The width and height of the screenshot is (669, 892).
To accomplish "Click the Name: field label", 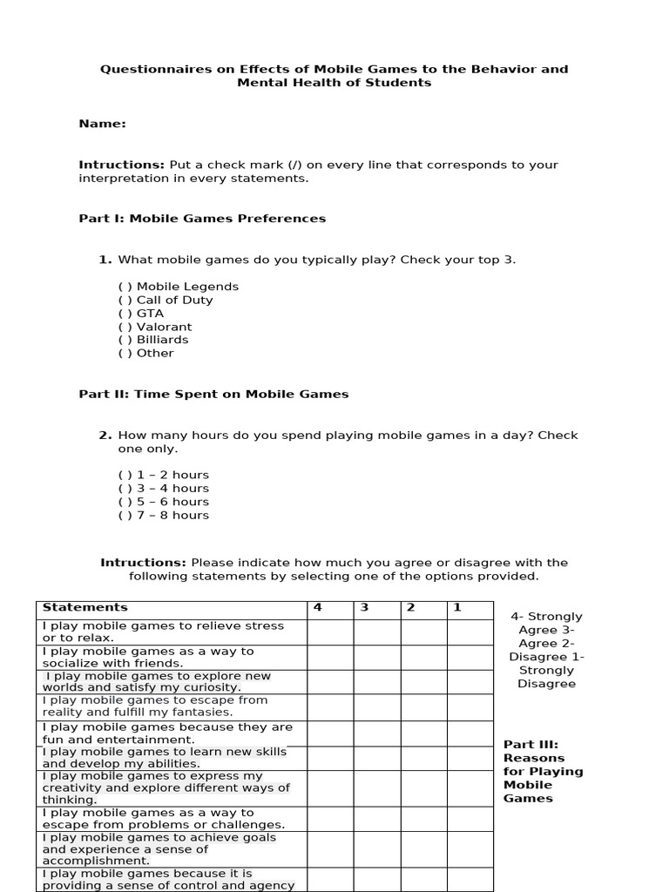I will pyautogui.click(x=102, y=124).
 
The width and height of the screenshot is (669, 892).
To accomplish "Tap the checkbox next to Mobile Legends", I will pyautogui.click(x=125, y=287).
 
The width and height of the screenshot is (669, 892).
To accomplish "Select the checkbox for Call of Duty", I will pyautogui.click(x=125, y=300).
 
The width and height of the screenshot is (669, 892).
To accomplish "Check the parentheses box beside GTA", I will pyautogui.click(x=125, y=314).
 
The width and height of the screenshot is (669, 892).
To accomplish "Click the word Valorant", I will pyautogui.click(x=164, y=327).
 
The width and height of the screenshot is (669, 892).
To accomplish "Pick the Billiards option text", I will pyautogui.click(x=162, y=340).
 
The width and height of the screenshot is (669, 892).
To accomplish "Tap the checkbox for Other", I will pyautogui.click(x=125, y=353).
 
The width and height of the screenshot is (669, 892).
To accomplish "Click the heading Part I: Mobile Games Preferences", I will pyautogui.click(x=202, y=219).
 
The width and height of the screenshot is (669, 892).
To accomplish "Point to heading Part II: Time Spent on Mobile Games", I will pyautogui.click(x=213, y=394).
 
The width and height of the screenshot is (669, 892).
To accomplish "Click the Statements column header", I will pyautogui.click(x=85, y=608).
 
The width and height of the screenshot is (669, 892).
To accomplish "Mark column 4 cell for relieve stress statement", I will pyautogui.click(x=330, y=632).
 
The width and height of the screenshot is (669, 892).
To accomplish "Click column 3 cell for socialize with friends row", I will pyautogui.click(x=376, y=657).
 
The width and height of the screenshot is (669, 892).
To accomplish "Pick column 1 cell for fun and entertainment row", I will pyautogui.click(x=470, y=733).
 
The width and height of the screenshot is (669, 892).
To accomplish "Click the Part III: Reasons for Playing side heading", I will pyautogui.click(x=543, y=771).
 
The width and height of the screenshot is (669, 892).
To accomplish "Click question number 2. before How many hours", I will pyautogui.click(x=105, y=436).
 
